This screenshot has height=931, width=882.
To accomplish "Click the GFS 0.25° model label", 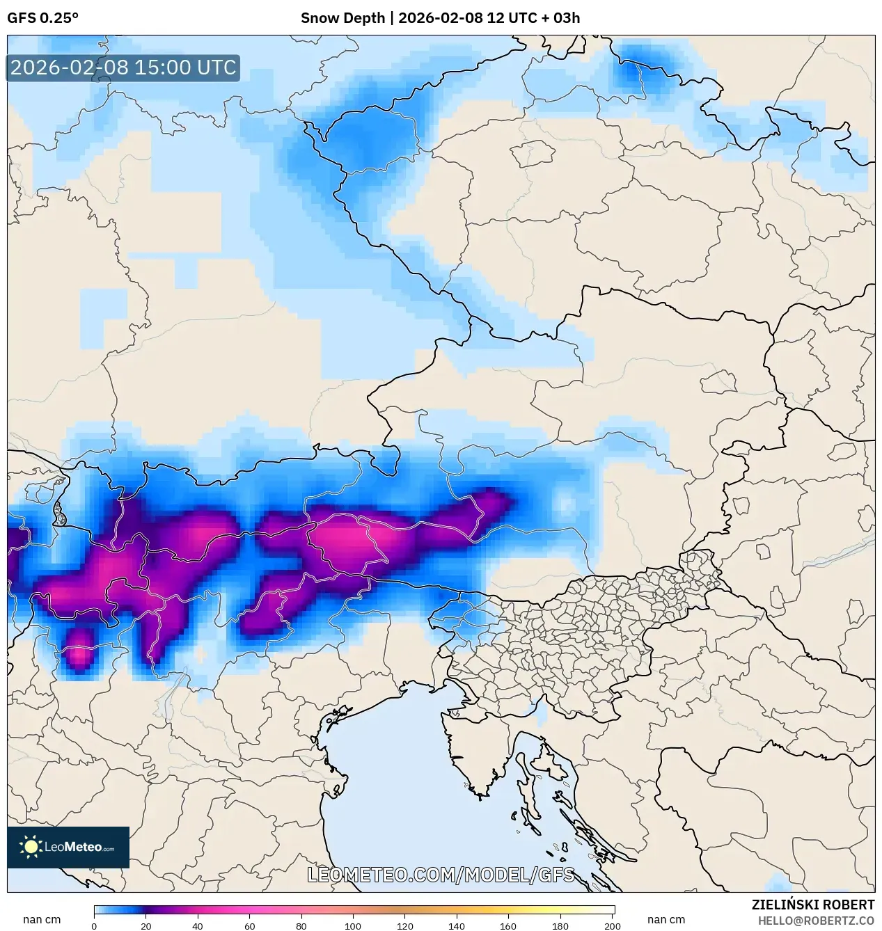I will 42,18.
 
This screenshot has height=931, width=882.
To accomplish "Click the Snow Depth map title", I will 440,18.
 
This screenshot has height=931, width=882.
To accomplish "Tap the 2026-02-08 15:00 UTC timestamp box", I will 123,67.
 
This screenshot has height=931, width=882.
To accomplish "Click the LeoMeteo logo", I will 68,847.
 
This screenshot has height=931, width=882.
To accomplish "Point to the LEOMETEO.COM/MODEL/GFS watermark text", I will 441,875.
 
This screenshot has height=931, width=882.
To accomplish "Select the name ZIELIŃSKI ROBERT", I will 812,905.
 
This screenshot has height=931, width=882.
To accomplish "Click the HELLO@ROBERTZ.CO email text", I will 816,921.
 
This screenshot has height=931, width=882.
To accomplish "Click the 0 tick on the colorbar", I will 94,925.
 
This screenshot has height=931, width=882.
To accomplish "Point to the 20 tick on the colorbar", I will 145,925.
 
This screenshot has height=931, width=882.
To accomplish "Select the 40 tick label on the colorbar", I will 198,925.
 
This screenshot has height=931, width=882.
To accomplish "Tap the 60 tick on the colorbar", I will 249,925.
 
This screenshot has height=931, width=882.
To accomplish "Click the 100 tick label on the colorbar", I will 353,925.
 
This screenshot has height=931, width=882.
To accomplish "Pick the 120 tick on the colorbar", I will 405,925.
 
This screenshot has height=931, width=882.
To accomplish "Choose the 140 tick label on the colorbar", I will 457,925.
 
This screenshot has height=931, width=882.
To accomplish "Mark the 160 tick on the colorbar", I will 509,925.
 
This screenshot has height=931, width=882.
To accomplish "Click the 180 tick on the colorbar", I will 560,925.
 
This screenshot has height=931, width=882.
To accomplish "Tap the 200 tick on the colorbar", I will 613,925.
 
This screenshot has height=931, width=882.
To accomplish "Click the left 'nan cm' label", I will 42,920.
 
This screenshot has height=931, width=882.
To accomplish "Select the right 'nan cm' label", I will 666,920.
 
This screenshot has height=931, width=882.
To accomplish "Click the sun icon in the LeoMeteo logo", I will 31,847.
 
